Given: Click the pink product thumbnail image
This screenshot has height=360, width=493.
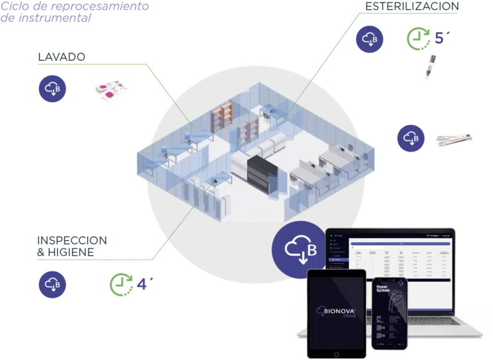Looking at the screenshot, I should [112, 89].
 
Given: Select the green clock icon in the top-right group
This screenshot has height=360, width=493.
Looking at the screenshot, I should [419, 39].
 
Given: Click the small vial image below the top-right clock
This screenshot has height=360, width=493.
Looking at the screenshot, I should [426, 67].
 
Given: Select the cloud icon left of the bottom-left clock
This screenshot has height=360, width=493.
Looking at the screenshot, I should [51, 284].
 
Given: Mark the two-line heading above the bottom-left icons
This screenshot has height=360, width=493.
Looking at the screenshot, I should [71, 248].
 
